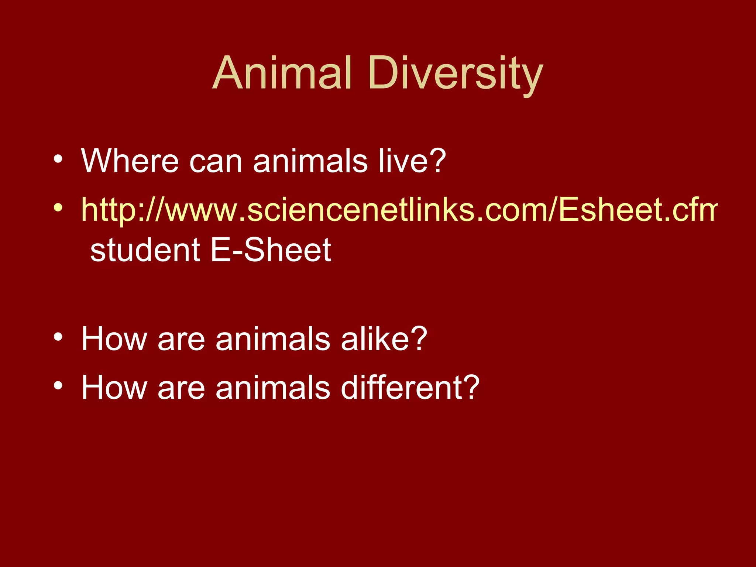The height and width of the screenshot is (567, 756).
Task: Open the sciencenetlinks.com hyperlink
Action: (399, 210)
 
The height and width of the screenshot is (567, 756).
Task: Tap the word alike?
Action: (384, 339)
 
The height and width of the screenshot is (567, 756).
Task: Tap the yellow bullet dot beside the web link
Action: (58, 208)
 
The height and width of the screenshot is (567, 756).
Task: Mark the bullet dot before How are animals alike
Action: (58, 337)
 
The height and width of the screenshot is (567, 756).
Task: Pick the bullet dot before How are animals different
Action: (58, 386)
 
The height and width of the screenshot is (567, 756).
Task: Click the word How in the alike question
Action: (114, 339)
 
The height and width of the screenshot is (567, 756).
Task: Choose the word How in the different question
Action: (114, 387)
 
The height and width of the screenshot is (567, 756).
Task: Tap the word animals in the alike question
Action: (273, 339)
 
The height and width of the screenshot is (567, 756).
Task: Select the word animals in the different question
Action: (273, 387)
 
